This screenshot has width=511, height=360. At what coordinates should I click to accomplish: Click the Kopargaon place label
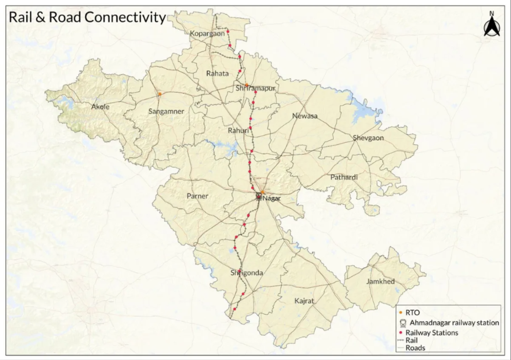tap(207, 33)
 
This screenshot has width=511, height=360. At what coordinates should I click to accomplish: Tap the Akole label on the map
tap(100, 107)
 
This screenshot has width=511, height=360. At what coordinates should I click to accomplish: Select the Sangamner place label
tap(166, 112)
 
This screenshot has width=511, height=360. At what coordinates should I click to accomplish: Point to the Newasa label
tap(305, 116)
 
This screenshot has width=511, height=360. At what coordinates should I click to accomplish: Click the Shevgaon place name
tap(368, 138)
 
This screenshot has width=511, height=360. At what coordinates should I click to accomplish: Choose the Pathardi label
tap(344, 177)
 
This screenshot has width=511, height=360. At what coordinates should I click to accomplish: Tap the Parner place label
tap(197, 196)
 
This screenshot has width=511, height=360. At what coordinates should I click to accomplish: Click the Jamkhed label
tap(380, 282)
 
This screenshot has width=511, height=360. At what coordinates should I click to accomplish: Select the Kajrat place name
tap(304, 301)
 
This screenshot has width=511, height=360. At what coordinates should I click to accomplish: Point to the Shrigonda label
tap(247, 273)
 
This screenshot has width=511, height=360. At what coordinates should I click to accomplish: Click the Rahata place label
tap(217, 73)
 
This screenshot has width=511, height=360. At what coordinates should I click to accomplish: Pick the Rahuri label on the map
tap(238, 131)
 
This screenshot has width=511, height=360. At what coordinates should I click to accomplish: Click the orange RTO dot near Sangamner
tap(160, 94)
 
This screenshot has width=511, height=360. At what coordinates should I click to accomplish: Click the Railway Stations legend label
tap(431, 333)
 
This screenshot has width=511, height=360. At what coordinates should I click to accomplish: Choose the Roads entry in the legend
tap(415, 348)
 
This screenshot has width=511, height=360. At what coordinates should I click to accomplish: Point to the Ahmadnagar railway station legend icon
tap(402, 323)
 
